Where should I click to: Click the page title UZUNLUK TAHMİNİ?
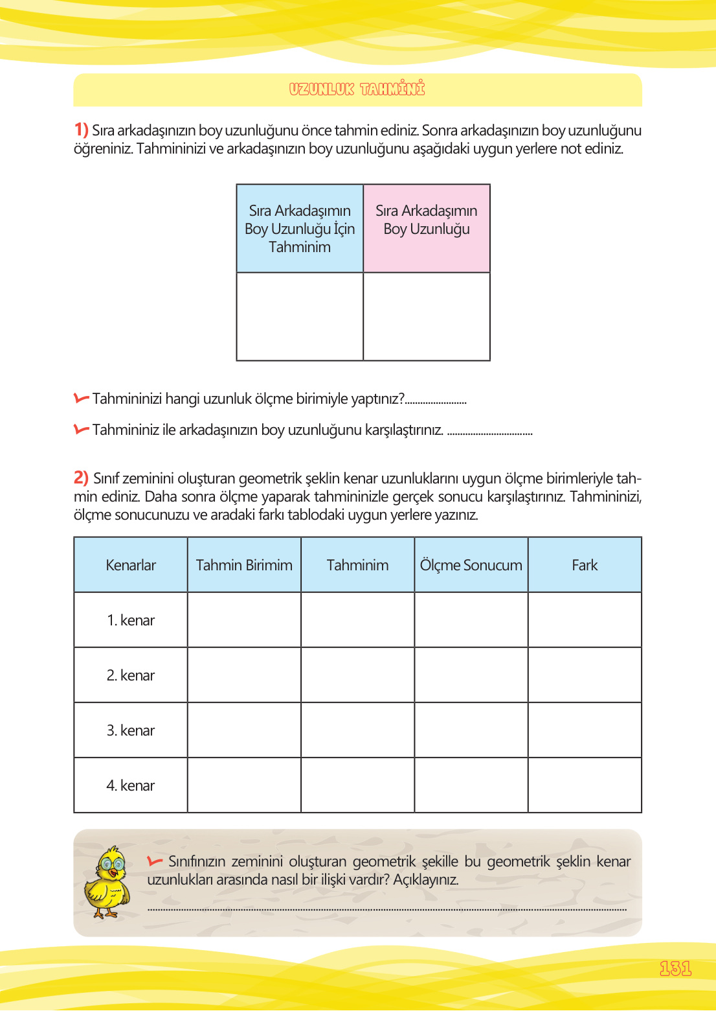pyautogui.click(x=357, y=89)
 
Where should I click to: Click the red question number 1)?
pyautogui.click(x=81, y=130)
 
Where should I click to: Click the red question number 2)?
pyautogui.click(x=81, y=478)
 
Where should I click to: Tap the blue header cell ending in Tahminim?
pyautogui.click(x=300, y=229)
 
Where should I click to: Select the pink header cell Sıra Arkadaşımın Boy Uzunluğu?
pyautogui.click(x=427, y=220)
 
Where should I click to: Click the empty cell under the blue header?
pyautogui.click(x=300, y=316)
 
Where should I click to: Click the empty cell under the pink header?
pyautogui.click(x=427, y=316)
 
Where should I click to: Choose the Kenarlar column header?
pyautogui.click(x=131, y=565)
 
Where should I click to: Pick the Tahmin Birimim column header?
pyautogui.click(x=244, y=565)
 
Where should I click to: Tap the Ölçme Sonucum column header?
pyautogui.click(x=471, y=565)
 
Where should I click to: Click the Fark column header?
pyautogui.click(x=585, y=565)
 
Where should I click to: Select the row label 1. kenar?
pyautogui.click(x=131, y=620)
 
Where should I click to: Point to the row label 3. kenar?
pyautogui.click(x=131, y=730)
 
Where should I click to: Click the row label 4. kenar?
pyautogui.click(x=131, y=785)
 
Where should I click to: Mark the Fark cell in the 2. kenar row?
pyautogui.click(x=585, y=675)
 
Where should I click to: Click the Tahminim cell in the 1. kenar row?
pyautogui.click(x=357, y=620)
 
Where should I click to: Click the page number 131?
pyautogui.click(x=675, y=968)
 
